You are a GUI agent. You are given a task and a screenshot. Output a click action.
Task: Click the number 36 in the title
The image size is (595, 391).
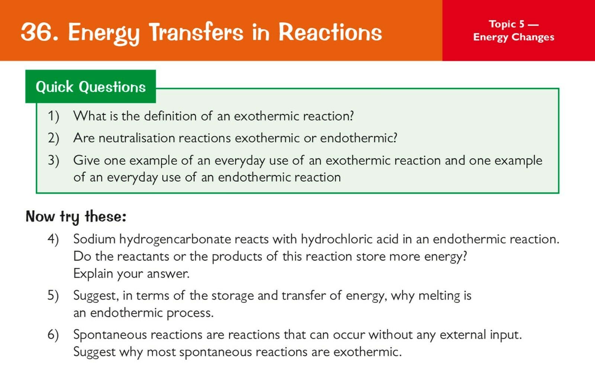(x=37, y=32)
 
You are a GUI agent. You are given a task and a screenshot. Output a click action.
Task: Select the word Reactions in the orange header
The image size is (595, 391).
(x=330, y=32)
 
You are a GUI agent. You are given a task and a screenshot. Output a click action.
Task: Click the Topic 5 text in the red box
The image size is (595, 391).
(x=507, y=24)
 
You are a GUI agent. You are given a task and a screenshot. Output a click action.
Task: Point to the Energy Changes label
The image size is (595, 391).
(x=514, y=37)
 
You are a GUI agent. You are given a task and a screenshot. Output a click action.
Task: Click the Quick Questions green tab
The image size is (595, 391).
(x=91, y=87)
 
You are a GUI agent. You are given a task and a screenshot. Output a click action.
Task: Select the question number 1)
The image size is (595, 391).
(x=54, y=116)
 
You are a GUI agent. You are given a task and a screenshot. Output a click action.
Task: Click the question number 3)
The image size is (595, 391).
(x=54, y=161)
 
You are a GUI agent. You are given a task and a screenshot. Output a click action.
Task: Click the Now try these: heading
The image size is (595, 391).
(x=76, y=217)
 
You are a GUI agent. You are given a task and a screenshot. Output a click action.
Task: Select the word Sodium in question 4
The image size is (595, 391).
(x=94, y=239)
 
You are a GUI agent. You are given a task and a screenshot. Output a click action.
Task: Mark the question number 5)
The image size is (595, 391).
(x=53, y=296)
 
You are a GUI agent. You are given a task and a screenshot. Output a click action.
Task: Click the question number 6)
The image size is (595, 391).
(x=53, y=335)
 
